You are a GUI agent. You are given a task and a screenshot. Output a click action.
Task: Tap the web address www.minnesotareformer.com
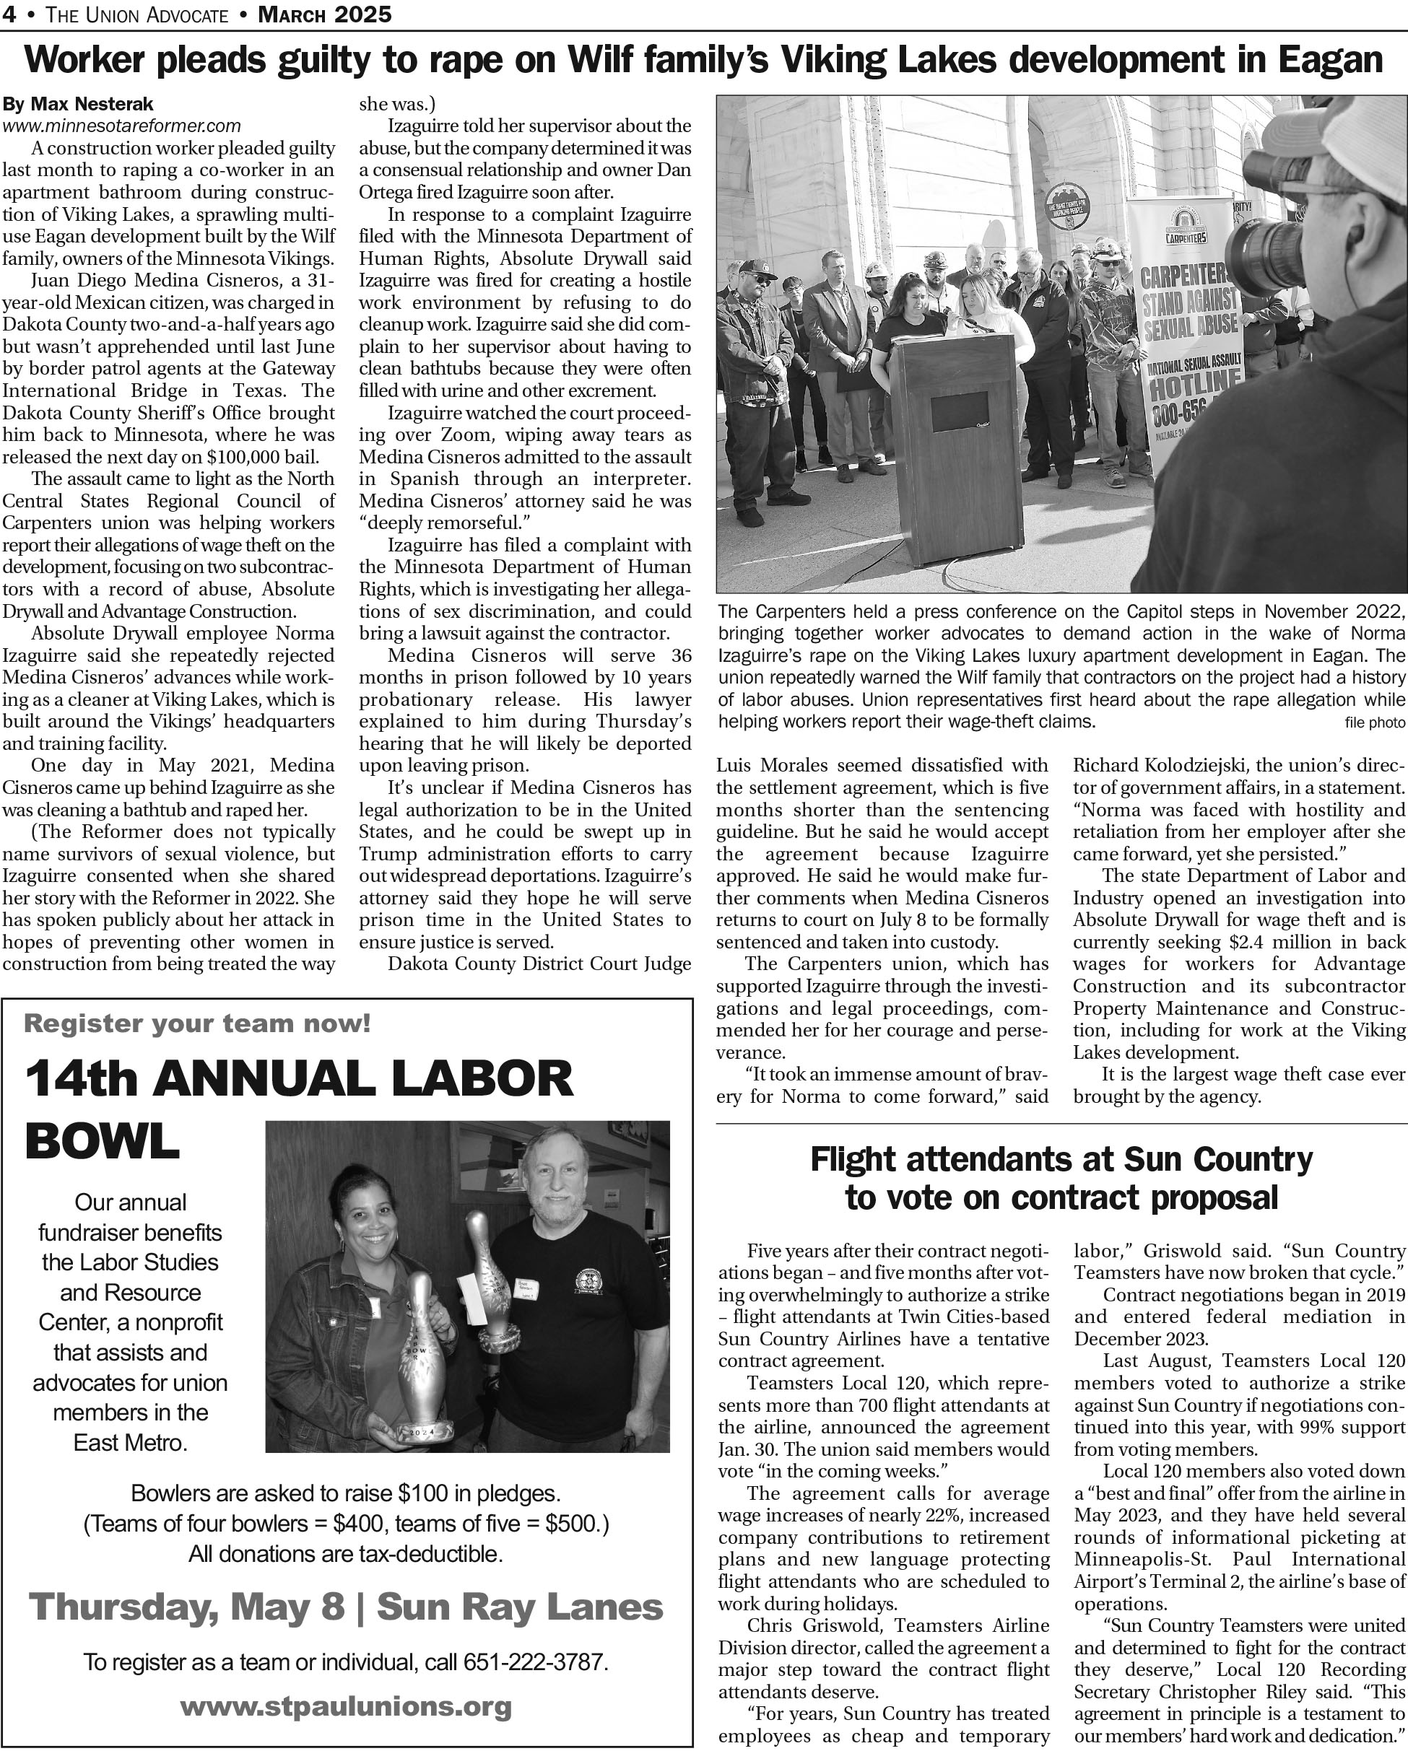(122, 126)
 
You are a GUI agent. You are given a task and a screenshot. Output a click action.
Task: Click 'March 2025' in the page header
(325, 14)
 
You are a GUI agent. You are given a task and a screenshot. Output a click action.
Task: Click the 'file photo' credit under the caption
(1375, 722)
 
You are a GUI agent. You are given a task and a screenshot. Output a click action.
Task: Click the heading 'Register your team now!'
(197, 1023)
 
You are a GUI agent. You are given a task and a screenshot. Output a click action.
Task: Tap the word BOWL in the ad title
(103, 1142)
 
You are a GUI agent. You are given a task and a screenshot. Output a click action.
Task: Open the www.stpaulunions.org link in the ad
(345, 1706)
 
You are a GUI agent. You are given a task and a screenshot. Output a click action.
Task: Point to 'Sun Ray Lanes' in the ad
(519, 1606)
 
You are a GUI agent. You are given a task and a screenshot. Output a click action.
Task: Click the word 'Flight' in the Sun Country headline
(853, 1159)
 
